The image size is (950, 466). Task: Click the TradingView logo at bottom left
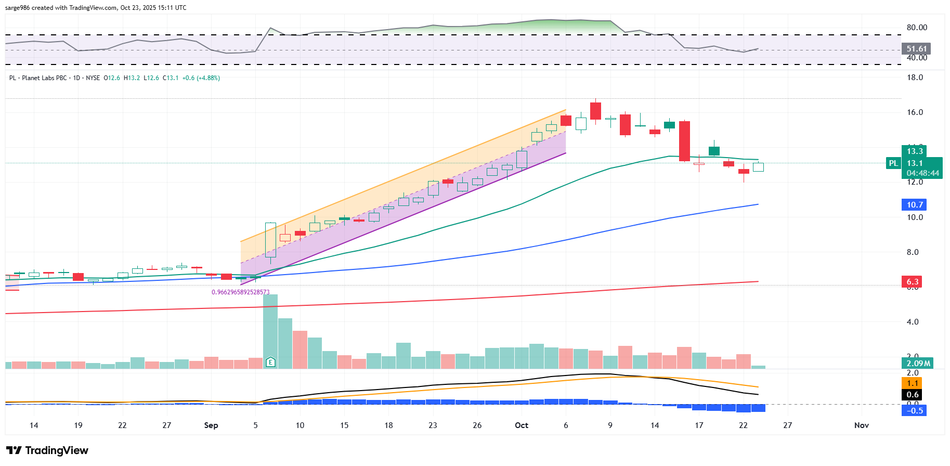pos(47,450)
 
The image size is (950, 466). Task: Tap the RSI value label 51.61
pos(916,49)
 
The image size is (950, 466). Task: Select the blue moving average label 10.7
pos(915,205)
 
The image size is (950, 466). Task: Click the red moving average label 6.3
pos(913,282)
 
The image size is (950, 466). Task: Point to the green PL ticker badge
pos(893,163)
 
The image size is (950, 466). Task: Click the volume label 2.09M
pos(918,364)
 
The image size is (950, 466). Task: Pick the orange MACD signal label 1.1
pos(913,383)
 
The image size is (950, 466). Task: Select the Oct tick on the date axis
pos(521,425)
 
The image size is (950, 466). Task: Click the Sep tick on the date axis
pos(211,425)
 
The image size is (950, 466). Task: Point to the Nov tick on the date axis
pos(861,425)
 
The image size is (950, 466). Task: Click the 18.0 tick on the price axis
pos(915,77)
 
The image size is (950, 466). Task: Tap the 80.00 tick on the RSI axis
pos(917,28)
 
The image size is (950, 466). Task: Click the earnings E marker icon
pos(270,362)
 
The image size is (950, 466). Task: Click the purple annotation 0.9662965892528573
pos(240,292)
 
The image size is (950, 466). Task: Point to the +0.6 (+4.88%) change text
pos(201,78)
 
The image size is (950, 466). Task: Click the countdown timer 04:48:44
pos(922,173)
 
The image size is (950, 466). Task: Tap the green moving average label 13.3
pos(915,151)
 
